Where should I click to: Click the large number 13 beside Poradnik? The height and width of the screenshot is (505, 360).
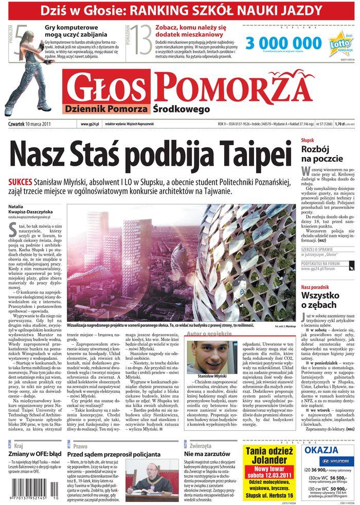[x=141, y=41]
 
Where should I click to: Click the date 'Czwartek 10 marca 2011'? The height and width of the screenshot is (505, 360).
[x=31, y=124]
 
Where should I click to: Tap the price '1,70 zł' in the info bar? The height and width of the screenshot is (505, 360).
[x=339, y=124]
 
